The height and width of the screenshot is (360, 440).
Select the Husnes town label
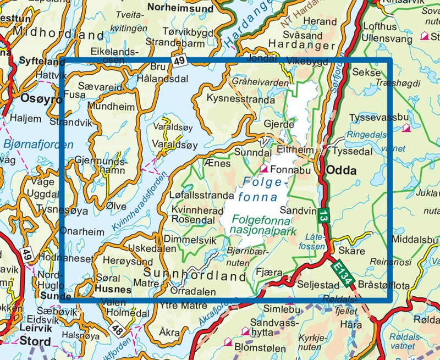[x=113, y=289]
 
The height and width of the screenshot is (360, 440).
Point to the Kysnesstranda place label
[x=240, y=100]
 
